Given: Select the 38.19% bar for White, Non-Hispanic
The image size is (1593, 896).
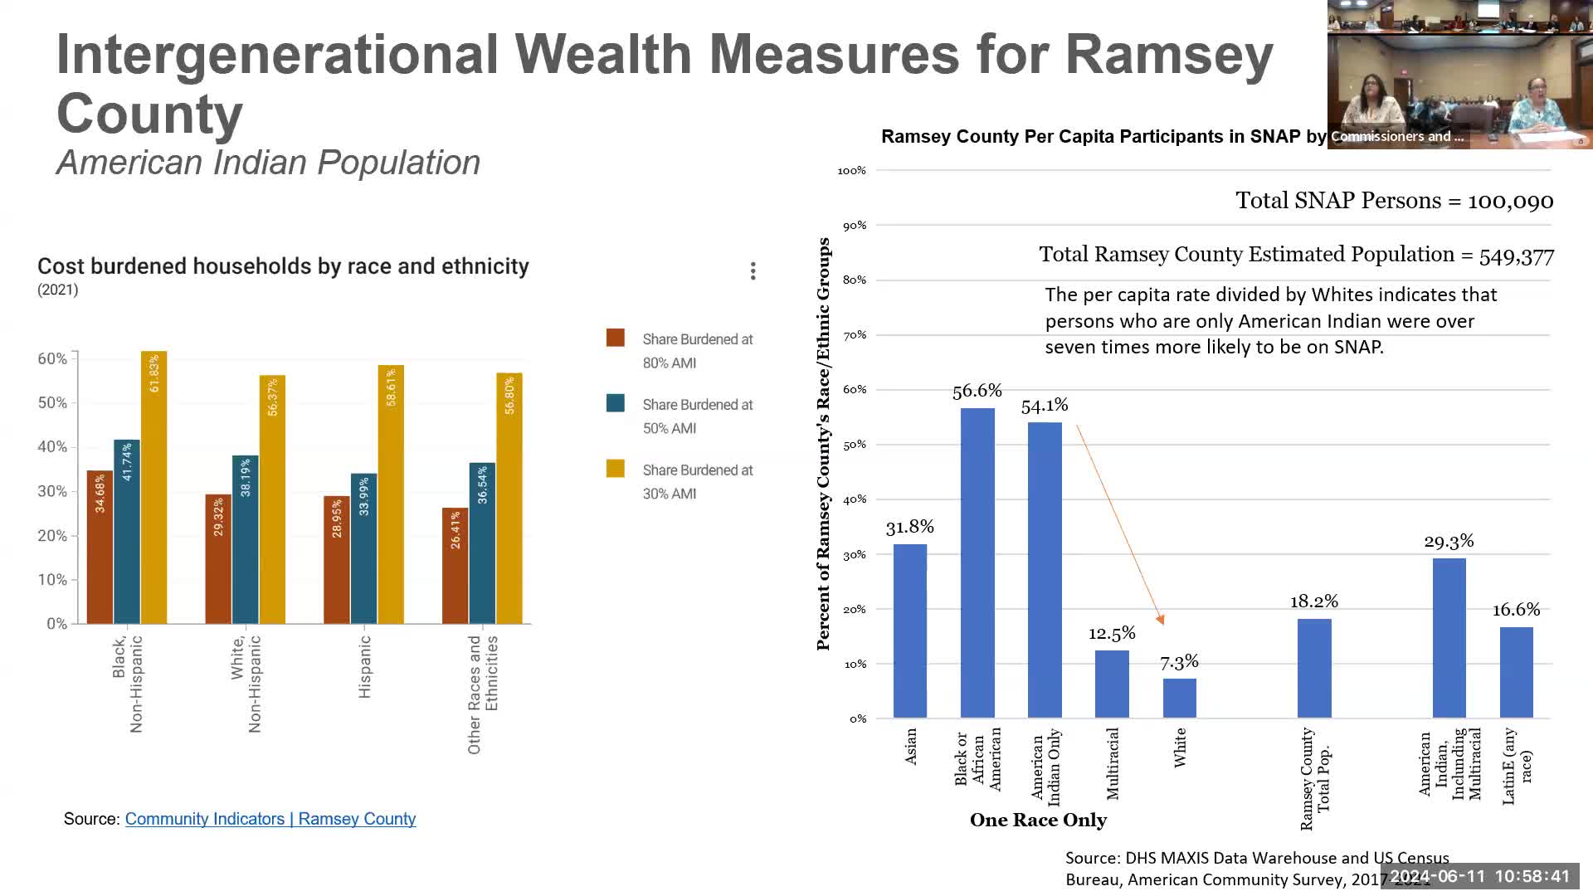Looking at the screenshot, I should click(246, 539).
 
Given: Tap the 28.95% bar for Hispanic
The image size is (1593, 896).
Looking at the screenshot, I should click(337, 560).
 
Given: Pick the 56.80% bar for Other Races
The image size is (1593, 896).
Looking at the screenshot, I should click(509, 498).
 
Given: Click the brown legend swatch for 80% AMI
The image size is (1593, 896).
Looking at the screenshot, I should click(616, 338).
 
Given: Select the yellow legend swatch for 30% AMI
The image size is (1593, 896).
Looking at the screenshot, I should click(616, 469).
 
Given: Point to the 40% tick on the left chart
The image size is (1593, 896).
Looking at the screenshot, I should click(52, 447).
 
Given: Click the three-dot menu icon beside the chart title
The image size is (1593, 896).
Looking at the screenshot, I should click(753, 271).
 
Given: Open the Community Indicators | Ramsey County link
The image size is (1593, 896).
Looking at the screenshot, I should click(270, 819).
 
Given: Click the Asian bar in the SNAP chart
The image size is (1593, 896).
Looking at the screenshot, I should click(910, 631).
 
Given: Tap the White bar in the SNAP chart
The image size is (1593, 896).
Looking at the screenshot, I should click(1179, 698).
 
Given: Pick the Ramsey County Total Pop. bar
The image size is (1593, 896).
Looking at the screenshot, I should click(1314, 668).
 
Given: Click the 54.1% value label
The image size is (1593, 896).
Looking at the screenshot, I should click(1045, 406).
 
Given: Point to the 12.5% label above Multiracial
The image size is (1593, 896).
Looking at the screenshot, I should click(1112, 634).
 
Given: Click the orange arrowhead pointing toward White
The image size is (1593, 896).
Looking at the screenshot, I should click(1161, 619).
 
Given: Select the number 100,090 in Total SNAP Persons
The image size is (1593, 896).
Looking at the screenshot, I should click(1510, 202).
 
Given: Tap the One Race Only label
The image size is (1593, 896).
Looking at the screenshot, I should click(1038, 821).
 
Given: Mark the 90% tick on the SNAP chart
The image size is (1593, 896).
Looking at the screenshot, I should click(855, 226).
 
